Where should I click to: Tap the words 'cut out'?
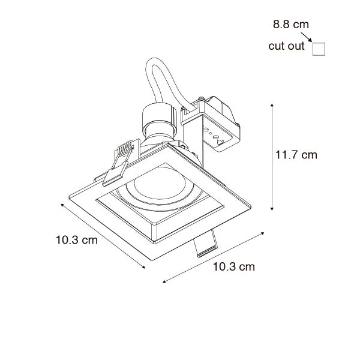pos(287,46)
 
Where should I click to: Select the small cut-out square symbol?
pos(319,49)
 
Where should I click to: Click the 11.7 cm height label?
pos(296,155)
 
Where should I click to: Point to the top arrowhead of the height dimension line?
pos(273,105)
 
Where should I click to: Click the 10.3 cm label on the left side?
pos(77,241)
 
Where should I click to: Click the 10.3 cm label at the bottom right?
pos(233,266)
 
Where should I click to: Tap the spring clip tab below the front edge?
pos(205,243)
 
